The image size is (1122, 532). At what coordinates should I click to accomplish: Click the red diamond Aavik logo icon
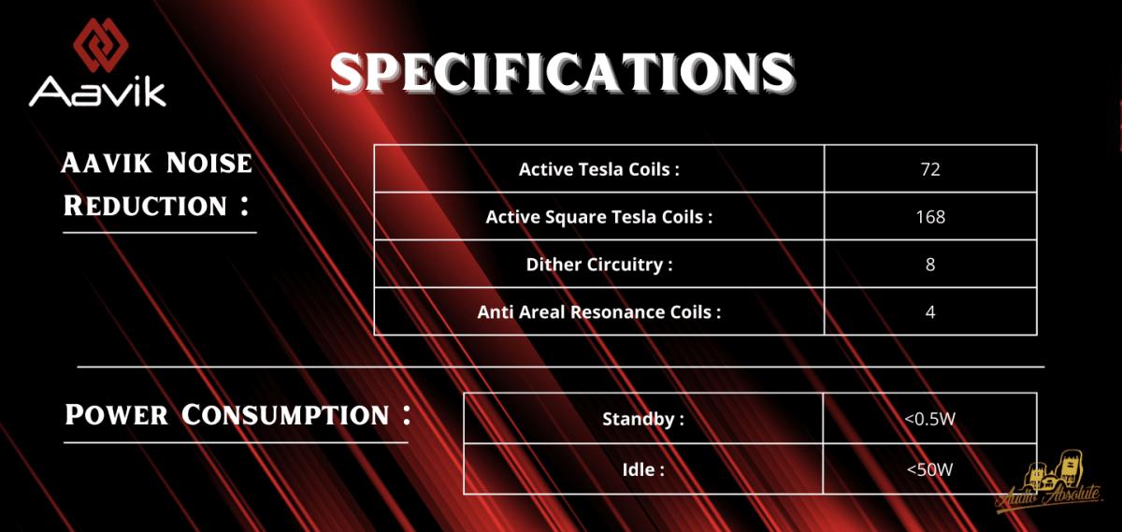click(x=101, y=45)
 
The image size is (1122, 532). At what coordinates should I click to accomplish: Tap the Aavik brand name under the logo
click(x=97, y=92)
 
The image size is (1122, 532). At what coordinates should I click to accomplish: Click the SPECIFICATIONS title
click(x=562, y=73)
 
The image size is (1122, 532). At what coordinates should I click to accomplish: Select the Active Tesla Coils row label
click(x=599, y=169)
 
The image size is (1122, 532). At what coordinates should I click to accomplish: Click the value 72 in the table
click(x=930, y=169)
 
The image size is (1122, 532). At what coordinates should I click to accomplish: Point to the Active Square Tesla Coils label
click(x=599, y=217)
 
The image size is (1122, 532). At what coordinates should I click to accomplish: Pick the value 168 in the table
click(x=930, y=217)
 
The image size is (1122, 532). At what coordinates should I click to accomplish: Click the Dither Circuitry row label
click(x=599, y=265)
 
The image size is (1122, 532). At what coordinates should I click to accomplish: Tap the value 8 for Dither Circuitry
click(x=930, y=265)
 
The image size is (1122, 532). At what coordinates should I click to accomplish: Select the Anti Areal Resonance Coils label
click(x=599, y=312)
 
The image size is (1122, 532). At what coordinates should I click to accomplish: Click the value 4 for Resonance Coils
click(x=930, y=312)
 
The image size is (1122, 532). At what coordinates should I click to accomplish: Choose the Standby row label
click(x=643, y=419)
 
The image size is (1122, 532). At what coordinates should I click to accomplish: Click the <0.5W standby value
click(x=930, y=418)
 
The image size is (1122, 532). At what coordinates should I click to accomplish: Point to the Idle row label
click(x=643, y=470)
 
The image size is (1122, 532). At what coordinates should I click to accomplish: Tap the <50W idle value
click(x=930, y=469)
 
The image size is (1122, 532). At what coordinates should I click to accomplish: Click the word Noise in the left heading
click(x=209, y=163)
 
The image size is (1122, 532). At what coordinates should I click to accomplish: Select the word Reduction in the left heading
click(x=145, y=206)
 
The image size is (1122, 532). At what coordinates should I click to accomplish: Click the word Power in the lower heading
click(x=116, y=415)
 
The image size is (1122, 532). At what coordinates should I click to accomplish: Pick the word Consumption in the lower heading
click(x=285, y=415)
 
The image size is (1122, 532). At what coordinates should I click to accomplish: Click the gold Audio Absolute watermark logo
click(x=1049, y=487)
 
